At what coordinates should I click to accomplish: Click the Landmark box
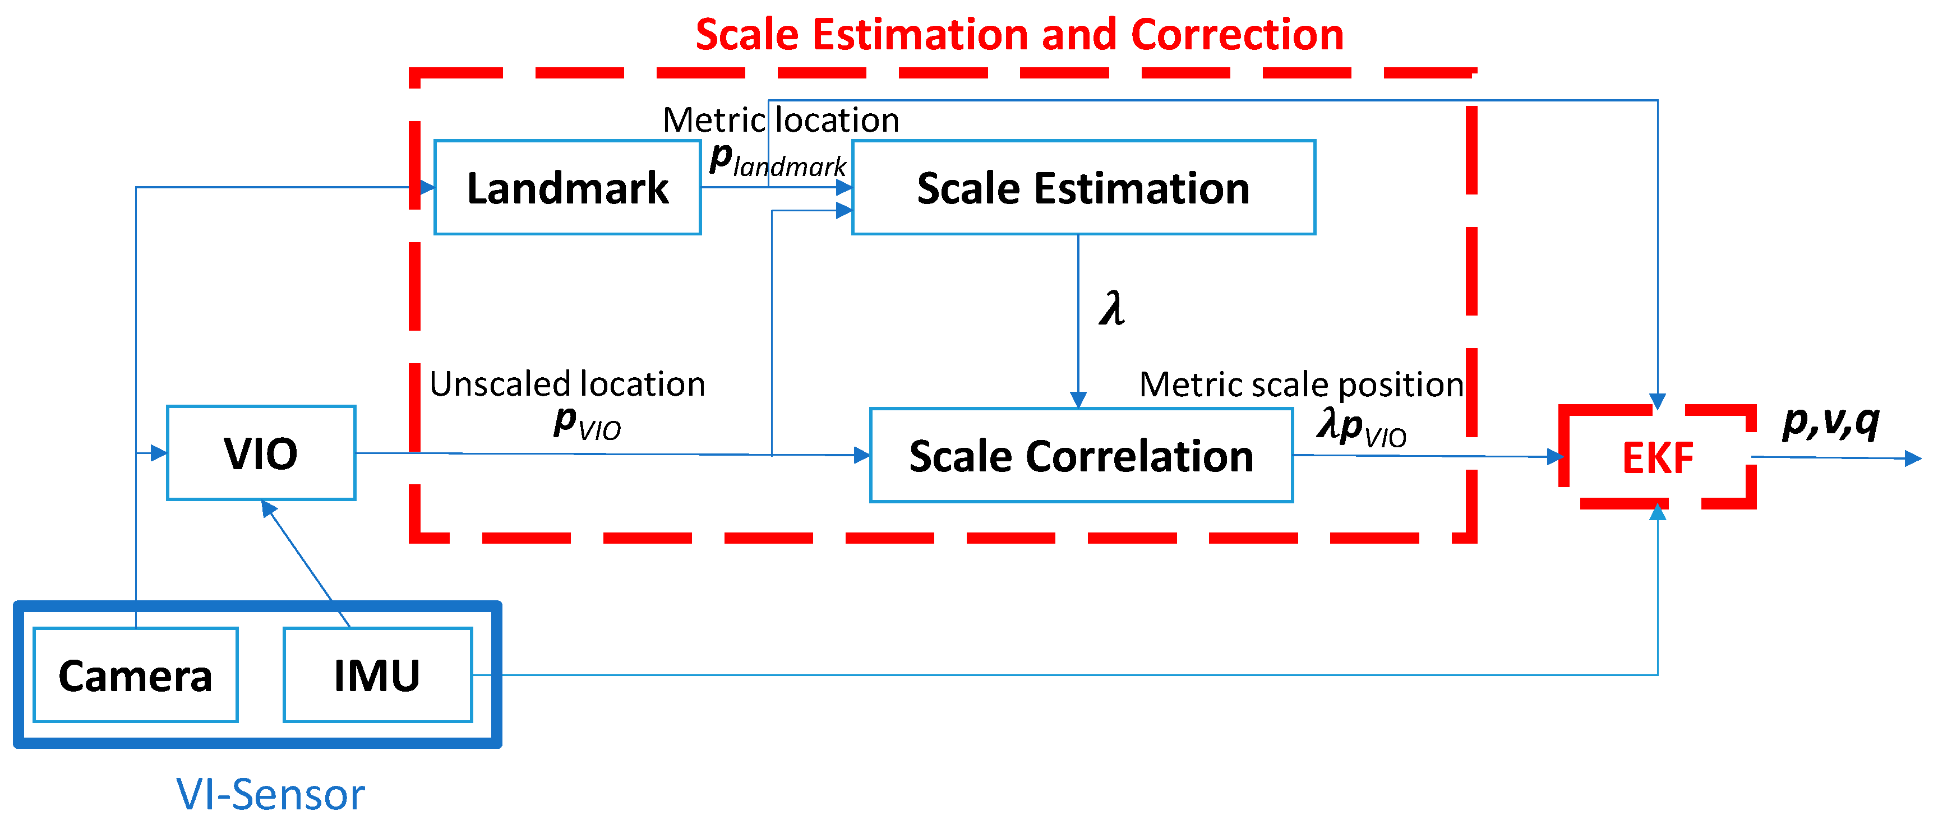click(x=567, y=187)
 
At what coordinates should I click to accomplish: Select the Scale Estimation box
click(x=1083, y=187)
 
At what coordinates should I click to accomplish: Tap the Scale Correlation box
click(x=1081, y=456)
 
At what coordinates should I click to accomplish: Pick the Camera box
click(x=135, y=675)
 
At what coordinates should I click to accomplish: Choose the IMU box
click(x=377, y=675)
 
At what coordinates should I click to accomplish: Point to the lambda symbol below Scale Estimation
click(x=1111, y=308)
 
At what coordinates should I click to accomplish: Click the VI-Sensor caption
click(x=270, y=794)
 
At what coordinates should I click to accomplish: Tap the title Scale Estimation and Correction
click(x=1019, y=35)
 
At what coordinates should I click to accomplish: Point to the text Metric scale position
click(x=1301, y=384)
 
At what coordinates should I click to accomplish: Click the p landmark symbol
click(x=777, y=160)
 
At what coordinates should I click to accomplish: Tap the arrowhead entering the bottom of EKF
click(x=1658, y=512)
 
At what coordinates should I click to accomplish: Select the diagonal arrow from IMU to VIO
click(x=304, y=562)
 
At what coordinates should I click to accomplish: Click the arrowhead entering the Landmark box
click(x=427, y=187)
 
